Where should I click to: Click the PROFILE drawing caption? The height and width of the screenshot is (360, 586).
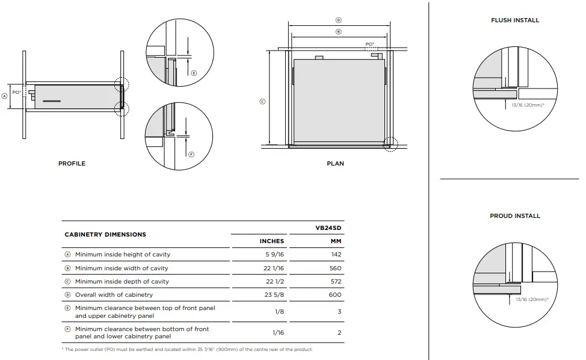tap(72, 163)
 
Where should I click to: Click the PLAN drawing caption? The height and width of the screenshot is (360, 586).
tap(335, 163)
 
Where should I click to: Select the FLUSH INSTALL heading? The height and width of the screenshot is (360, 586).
tap(514, 20)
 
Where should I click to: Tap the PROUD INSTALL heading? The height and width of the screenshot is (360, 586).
tap(514, 216)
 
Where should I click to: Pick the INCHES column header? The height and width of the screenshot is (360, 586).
tap(271, 241)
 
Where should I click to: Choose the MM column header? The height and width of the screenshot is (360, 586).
tap(335, 241)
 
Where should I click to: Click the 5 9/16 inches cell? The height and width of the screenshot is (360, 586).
tap(271, 255)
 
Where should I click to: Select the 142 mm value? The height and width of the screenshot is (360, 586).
tap(335, 255)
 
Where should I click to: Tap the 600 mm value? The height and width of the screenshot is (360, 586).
tap(335, 295)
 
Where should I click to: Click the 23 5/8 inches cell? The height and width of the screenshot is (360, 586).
tap(271, 295)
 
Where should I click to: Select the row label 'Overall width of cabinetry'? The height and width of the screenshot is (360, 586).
tap(114, 295)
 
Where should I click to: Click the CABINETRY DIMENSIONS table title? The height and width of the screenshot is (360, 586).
tap(105, 234)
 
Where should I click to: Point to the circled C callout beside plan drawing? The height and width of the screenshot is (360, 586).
tap(262, 101)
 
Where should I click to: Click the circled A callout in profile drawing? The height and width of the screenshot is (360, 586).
tap(5, 95)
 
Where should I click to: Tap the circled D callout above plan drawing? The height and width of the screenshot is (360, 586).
tap(338, 20)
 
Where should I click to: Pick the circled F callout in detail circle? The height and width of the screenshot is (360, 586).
tap(191, 154)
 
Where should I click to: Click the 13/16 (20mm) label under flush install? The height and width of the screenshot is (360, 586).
tap(528, 104)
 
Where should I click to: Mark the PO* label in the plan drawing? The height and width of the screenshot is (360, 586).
tap(369, 44)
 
